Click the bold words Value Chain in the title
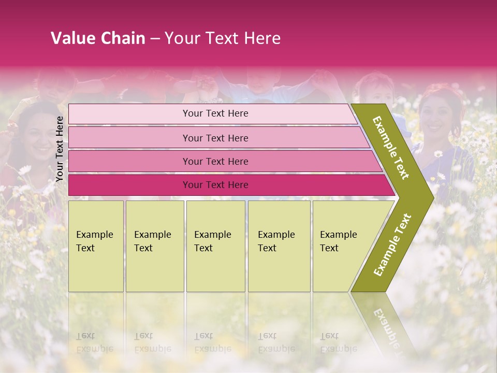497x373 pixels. (x=98, y=38)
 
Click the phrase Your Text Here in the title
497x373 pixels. (x=223, y=38)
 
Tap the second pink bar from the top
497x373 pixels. (x=215, y=138)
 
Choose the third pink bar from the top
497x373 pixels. (x=215, y=161)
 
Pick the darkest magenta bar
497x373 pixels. (x=215, y=185)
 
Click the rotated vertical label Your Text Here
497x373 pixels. (x=60, y=149)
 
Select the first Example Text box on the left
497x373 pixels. (x=96, y=246)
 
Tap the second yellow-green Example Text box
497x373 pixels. (x=154, y=246)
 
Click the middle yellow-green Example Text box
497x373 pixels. (x=215, y=246)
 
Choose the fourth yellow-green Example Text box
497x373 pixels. (x=279, y=246)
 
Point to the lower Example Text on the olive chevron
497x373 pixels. (x=392, y=245)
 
